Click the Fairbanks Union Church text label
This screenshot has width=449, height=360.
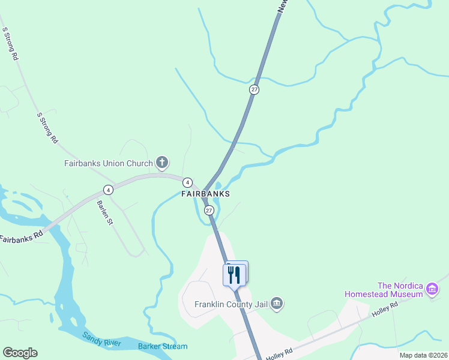(x=108, y=163)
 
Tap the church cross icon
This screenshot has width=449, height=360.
(x=161, y=162)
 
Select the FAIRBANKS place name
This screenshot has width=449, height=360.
(x=206, y=194)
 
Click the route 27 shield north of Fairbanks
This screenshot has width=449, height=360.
(x=255, y=89)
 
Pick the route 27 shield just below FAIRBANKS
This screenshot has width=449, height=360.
(x=209, y=211)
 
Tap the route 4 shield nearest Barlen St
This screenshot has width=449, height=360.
(x=108, y=190)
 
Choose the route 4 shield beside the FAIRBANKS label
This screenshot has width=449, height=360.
(x=187, y=182)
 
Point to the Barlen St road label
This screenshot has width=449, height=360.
(x=105, y=212)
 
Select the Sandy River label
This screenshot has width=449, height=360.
(x=102, y=339)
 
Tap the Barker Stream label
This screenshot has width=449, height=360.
(x=163, y=346)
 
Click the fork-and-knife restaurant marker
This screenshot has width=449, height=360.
(x=234, y=275)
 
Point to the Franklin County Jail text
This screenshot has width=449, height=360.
(x=231, y=304)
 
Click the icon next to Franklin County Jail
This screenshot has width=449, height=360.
(x=276, y=304)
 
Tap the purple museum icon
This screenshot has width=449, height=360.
(x=432, y=290)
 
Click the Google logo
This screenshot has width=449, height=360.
(x=20, y=353)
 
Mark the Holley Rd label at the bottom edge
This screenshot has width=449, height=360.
(x=279, y=355)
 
